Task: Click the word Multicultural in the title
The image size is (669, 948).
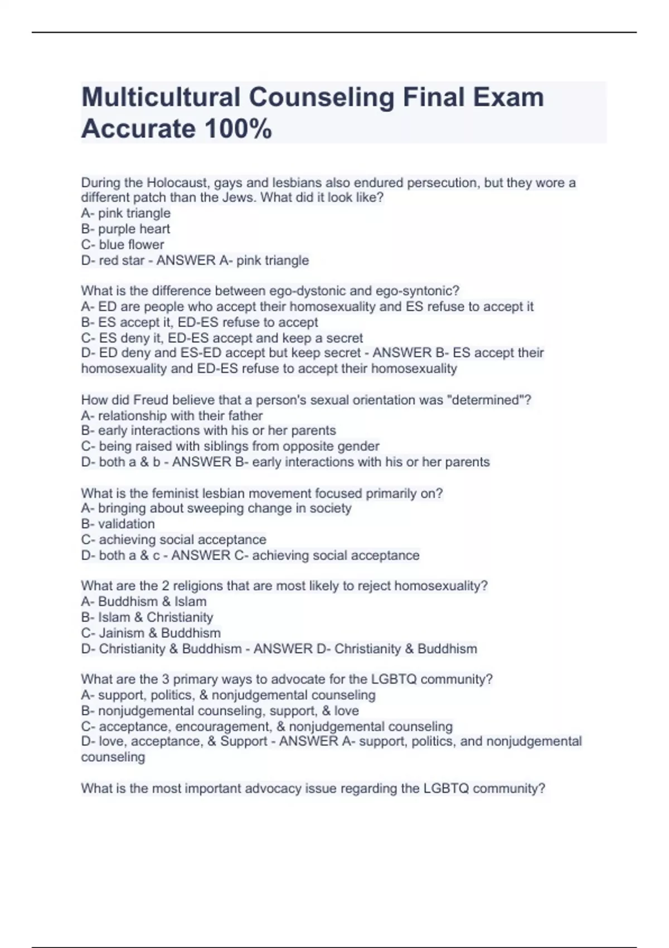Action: pyautogui.click(x=161, y=98)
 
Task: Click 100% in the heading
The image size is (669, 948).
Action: pyautogui.click(x=238, y=129)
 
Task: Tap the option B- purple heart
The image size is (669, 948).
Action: pyautogui.click(x=125, y=229)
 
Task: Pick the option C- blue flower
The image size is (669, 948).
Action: pyautogui.click(x=123, y=245)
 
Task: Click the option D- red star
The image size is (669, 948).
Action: pyautogui.click(x=113, y=260)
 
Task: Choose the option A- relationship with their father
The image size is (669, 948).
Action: pyautogui.click(x=172, y=416)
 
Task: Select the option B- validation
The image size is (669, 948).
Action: pyautogui.click(x=118, y=524)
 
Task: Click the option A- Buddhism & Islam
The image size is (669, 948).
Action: pyautogui.click(x=144, y=602)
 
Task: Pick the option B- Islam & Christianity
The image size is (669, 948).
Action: pyautogui.click(x=147, y=617)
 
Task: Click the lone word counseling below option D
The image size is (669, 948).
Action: pyautogui.click(x=113, y=757)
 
